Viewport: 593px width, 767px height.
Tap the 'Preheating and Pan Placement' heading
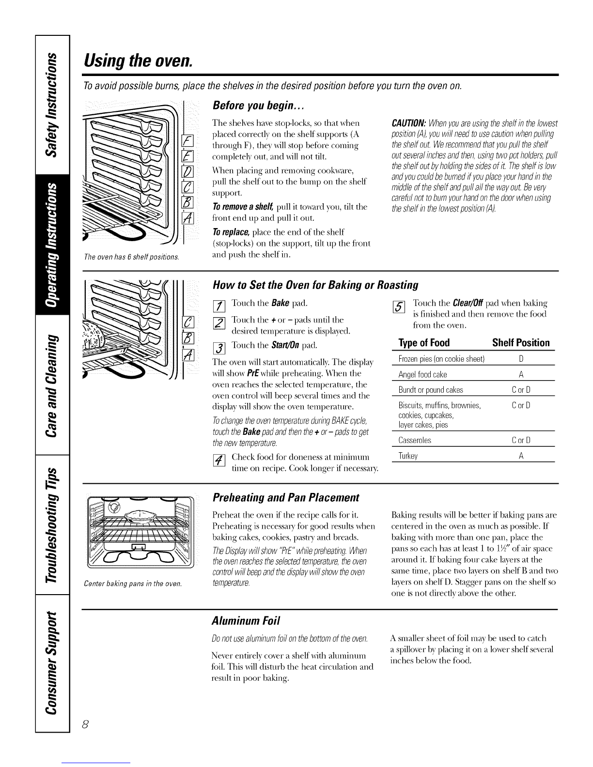(286, 498)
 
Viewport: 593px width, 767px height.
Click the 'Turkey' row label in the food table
(408, 456)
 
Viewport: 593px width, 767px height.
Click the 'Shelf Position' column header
(520, 343)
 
